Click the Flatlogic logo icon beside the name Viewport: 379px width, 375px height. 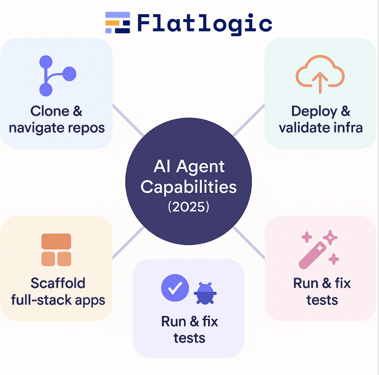click(x=118, y=23)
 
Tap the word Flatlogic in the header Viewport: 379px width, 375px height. click(x=205, y=23)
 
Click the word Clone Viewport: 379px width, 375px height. click(x=50, y=111)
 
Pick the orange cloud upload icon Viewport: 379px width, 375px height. click(x=320, y=74)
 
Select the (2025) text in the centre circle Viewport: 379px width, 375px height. click(x=189, y=207)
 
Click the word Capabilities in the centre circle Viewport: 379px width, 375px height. click(x=189, y=187)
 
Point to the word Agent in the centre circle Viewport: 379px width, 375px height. click(x=202, y=167)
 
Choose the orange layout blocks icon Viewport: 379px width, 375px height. click(x=56, y=249)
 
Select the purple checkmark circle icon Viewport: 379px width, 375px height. click(x=175, y=288)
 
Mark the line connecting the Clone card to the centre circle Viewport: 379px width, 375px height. click(x=128, y=119)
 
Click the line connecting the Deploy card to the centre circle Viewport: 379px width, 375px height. click(x=248, y=120)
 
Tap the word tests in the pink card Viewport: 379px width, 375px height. click(x=322, y=300)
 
